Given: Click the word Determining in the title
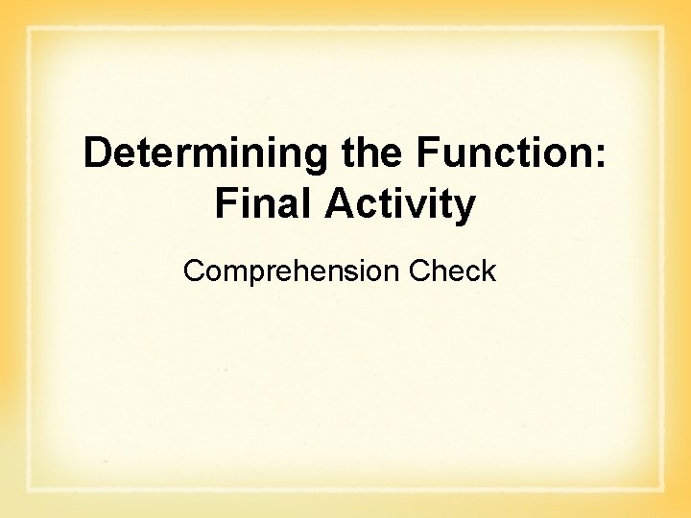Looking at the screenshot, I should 207,153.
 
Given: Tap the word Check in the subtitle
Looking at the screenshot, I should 452,271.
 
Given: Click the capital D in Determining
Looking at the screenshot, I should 97,153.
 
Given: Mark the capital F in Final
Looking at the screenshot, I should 226,204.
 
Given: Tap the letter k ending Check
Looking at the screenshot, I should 489,271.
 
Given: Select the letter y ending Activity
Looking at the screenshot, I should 465,208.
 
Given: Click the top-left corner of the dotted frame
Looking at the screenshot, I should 29,29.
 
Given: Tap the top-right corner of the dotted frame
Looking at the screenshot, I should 662,29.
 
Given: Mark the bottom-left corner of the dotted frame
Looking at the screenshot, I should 29,490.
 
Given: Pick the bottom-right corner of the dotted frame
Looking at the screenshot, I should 662,490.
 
